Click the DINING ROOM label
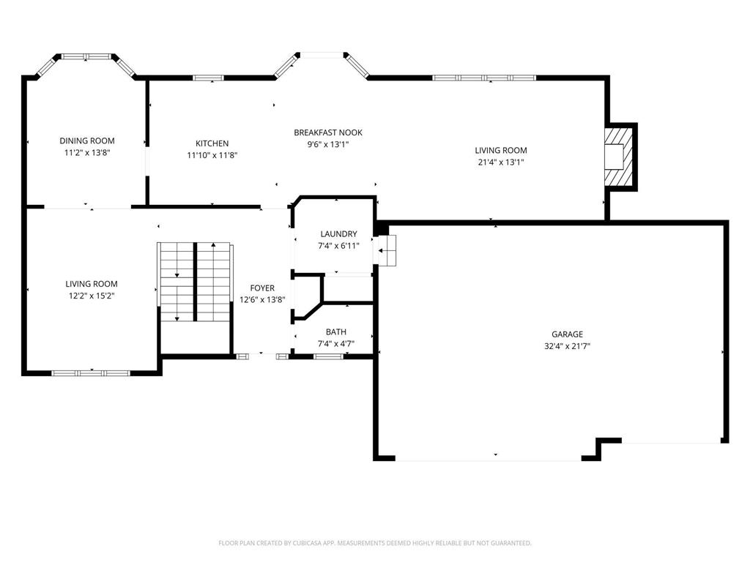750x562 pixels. point(87,140)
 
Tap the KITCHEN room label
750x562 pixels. point(212,143)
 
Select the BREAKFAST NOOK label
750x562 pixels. point(327,132)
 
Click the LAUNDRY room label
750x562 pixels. point(338,234)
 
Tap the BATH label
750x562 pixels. point(336,332)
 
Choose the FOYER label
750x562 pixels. point(262,288)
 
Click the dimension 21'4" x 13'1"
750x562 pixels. point(501,162)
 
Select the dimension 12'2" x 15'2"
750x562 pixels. point(92,296)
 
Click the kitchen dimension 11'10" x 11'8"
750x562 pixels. point(212,155)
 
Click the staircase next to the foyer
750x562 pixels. point(195,282)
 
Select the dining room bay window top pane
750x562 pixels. point(86,56)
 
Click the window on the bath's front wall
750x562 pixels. point(328,356)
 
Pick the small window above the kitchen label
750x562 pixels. point(208,78)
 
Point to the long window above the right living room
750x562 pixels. point(484,78)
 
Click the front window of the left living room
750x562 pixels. point(91,373)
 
